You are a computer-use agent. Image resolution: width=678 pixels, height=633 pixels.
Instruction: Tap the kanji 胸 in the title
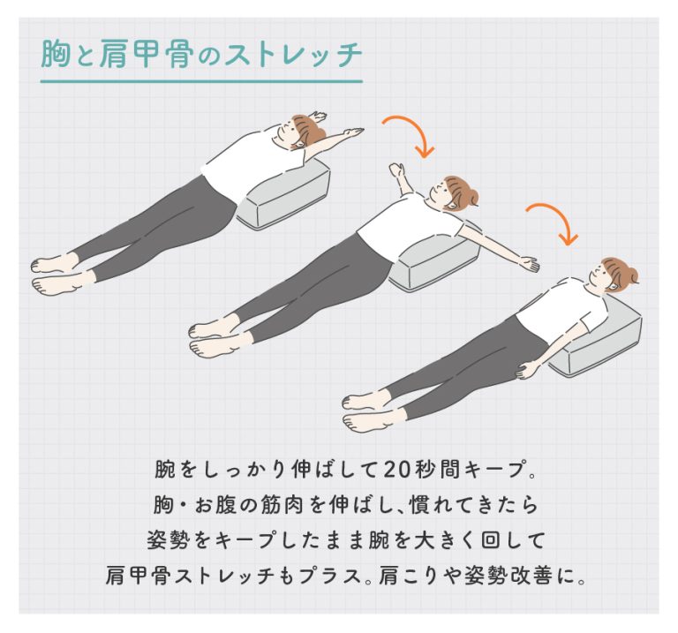(56, 55)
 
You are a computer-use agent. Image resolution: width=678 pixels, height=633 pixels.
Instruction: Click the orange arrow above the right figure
(553, 222)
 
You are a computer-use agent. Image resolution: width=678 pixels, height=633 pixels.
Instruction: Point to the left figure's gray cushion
(284, 193)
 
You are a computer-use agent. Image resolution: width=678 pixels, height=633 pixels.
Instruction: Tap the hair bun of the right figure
(632, 275)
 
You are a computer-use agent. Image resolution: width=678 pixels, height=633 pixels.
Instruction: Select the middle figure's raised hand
(396, 170)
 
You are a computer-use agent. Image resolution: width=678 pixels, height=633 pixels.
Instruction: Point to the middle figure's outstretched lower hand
(530, 264)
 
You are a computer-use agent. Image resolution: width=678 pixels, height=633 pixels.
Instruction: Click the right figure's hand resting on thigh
(524, 370)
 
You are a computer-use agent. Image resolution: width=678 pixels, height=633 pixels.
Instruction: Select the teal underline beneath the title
(201, 81)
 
